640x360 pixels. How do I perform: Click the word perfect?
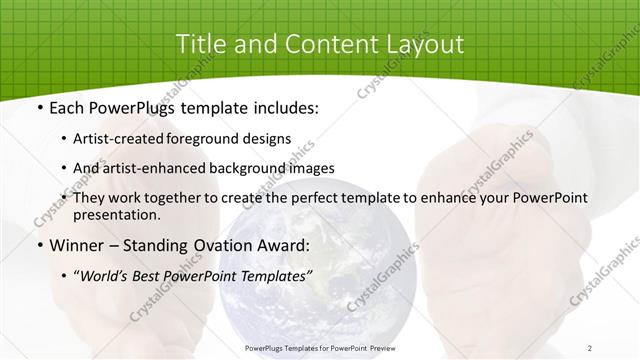[341, 198]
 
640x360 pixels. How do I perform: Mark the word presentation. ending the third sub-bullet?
[116, 214]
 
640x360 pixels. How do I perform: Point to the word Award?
[286, 245]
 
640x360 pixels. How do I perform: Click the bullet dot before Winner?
[38, 245]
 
